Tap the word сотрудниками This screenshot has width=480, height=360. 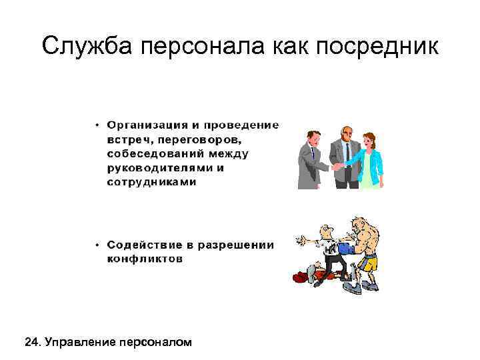point(152,182)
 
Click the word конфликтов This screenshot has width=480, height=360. point(144,259)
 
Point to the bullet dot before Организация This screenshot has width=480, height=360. point(98,125)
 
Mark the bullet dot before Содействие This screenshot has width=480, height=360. point(98,245)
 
